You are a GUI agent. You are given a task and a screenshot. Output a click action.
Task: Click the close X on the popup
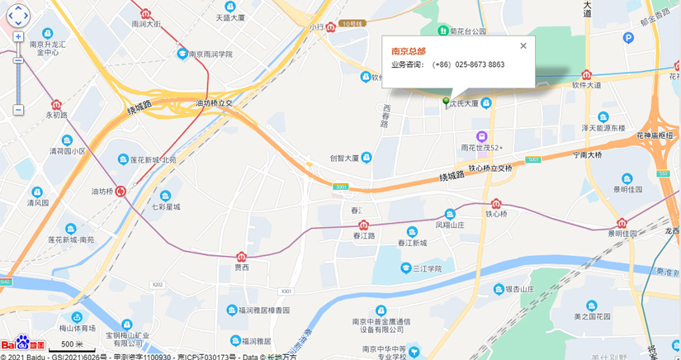[x=523, y=46]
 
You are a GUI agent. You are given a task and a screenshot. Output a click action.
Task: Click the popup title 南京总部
[x=409, y=51]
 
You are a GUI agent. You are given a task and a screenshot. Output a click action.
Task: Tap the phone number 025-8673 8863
[x=480, y=64]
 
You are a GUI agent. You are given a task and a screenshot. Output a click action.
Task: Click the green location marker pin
[x=447, y=102]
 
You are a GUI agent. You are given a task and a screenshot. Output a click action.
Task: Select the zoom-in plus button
[x=17, y=37]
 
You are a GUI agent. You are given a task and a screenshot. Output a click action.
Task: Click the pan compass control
[x=17, y=14]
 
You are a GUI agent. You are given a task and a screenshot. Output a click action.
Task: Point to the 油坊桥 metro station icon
[x=121, y=191]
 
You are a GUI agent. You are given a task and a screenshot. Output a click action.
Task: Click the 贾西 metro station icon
[x=241, y=257]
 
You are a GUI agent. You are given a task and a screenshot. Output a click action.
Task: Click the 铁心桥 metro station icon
[x=496, y=204]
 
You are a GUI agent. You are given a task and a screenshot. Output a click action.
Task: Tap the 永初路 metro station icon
[x=56, y=105]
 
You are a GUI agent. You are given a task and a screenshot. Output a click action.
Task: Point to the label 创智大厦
[x=345, y=158]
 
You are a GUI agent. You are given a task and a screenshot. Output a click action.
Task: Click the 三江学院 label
[x=428, y=268]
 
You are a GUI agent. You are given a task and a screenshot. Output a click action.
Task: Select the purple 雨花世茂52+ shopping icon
[x=481, y=136]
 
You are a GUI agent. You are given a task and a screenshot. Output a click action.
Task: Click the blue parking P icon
[x=629, y=38]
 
